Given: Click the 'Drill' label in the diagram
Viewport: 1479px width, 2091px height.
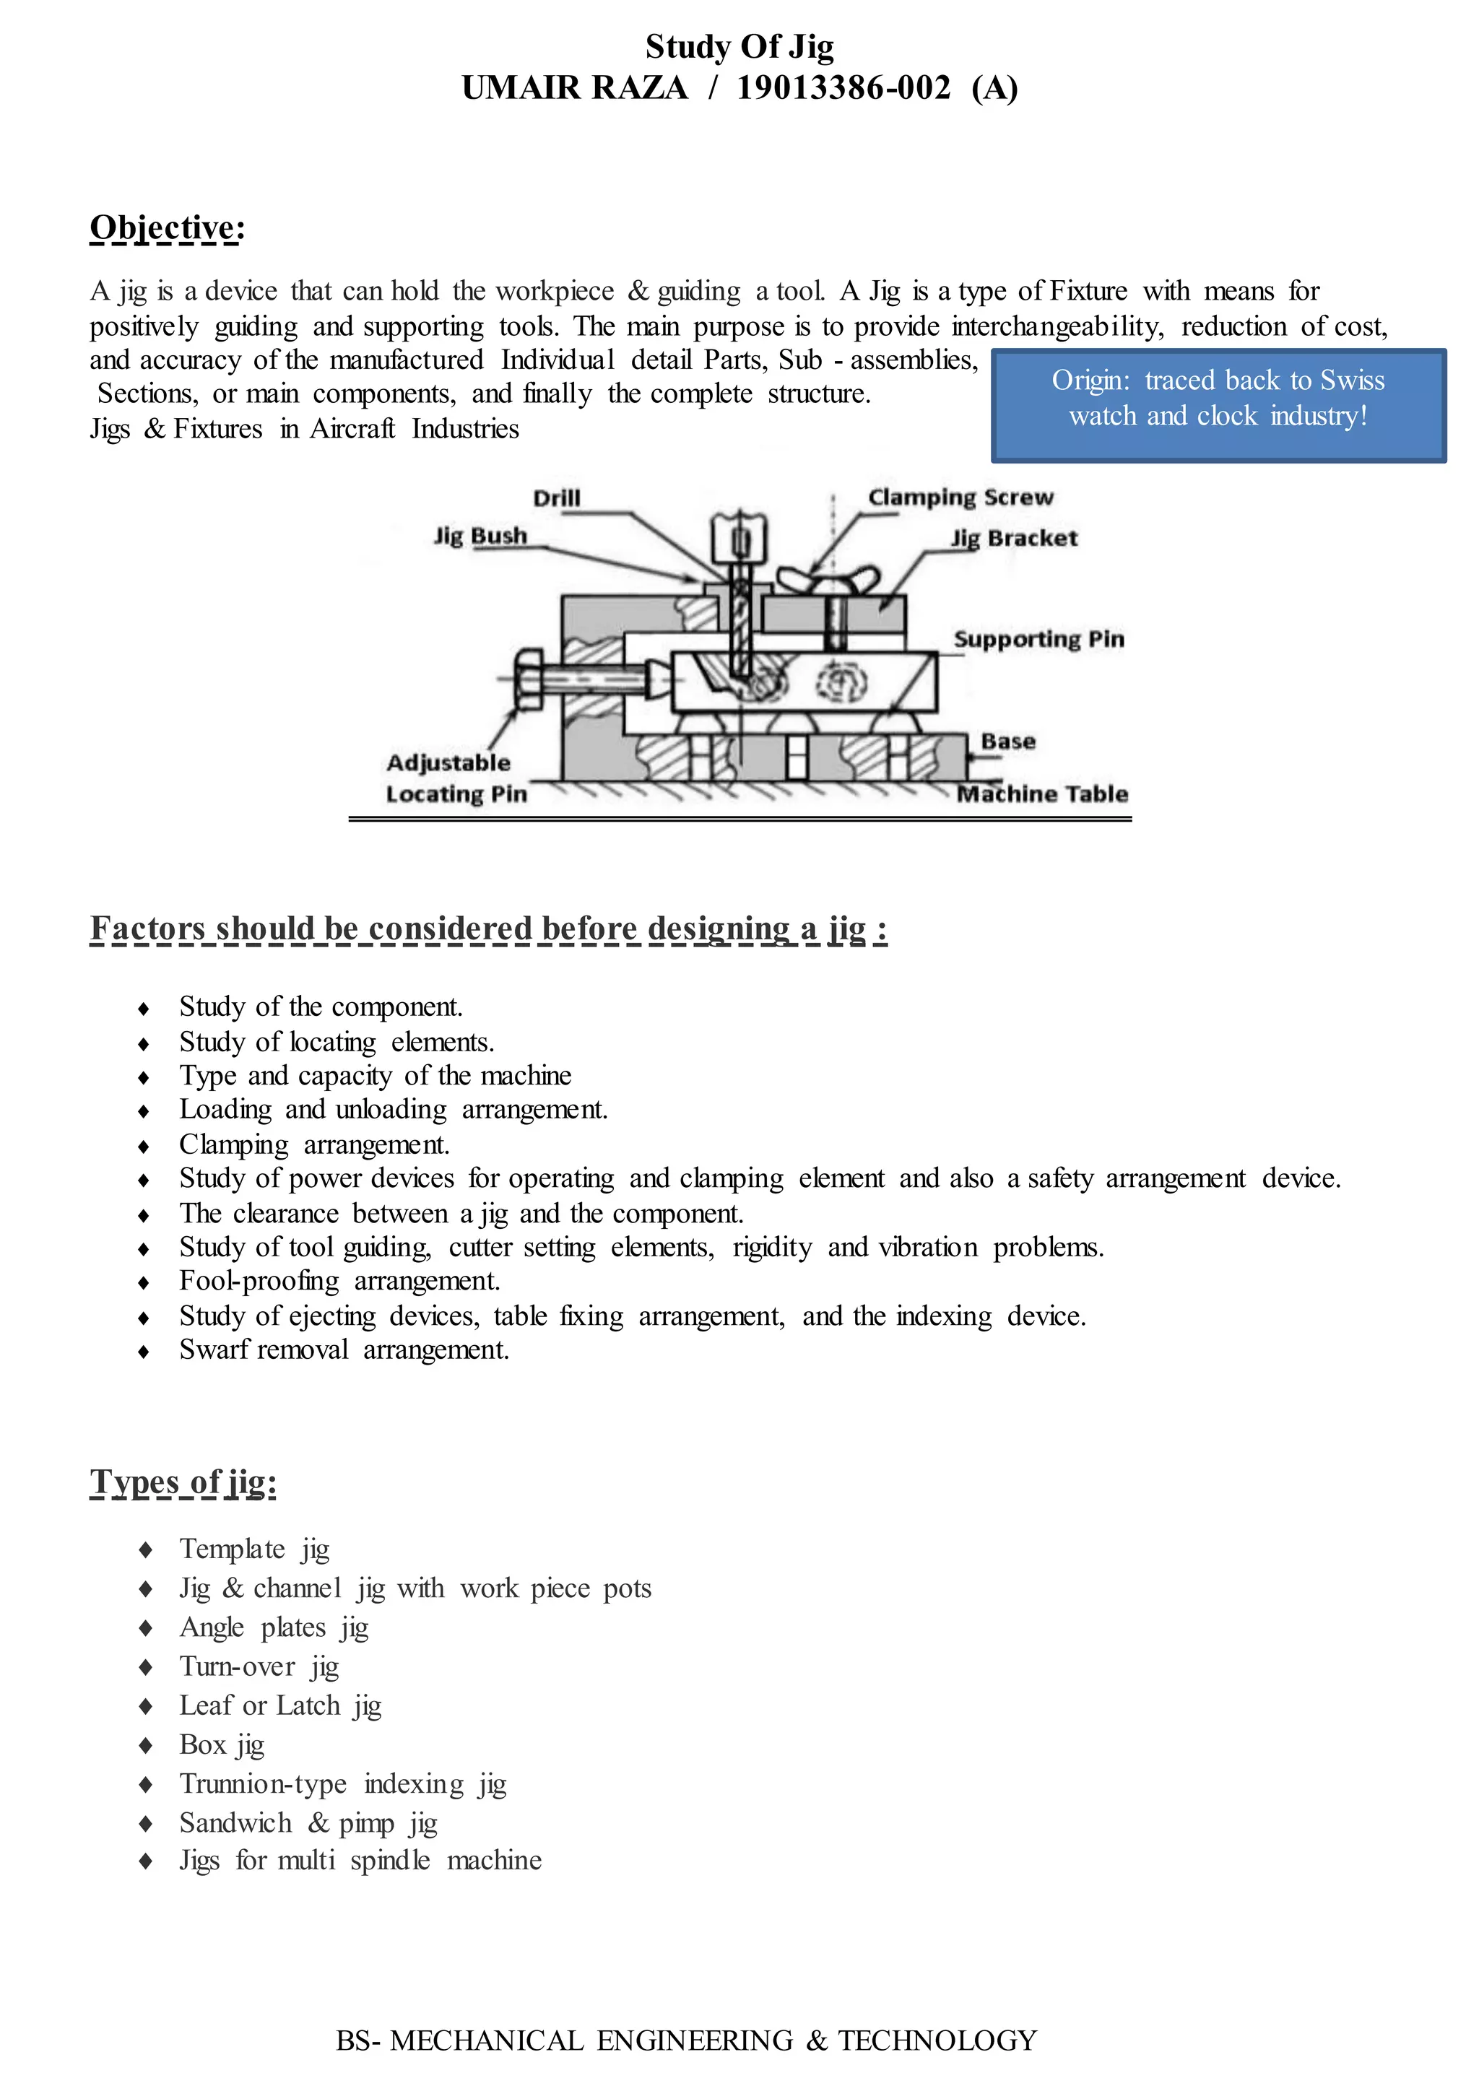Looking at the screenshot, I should [x=557, y=498].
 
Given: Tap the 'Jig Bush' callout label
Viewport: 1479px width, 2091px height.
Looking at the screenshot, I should [x=480, y=536].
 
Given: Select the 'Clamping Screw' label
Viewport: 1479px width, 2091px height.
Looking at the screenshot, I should [x=960, y=497].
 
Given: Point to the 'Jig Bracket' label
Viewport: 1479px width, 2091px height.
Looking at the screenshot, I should [x=1014, y=538].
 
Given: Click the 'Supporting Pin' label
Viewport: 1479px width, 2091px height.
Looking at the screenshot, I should [x=1038, y=639].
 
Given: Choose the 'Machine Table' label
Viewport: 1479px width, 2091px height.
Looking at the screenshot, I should [x=1042, y=794].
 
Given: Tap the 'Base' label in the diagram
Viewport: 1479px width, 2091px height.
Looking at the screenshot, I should [x=1008, y=742].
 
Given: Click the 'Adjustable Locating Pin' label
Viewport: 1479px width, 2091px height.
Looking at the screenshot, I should [x=456, y=778].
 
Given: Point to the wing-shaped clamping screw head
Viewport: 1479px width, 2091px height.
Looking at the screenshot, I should [x=827, y=579].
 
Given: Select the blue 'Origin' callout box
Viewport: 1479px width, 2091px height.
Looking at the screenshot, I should [x=1218, y=405].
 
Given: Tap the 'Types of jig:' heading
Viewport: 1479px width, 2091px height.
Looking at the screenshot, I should [x=183, y=1482].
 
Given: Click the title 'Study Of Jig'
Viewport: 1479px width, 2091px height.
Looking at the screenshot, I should [x=739, y=46].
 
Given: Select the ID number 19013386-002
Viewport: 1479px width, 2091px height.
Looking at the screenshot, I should [x=843, y=88].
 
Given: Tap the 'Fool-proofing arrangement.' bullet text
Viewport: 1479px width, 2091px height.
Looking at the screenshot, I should [x=339, y=1282].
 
